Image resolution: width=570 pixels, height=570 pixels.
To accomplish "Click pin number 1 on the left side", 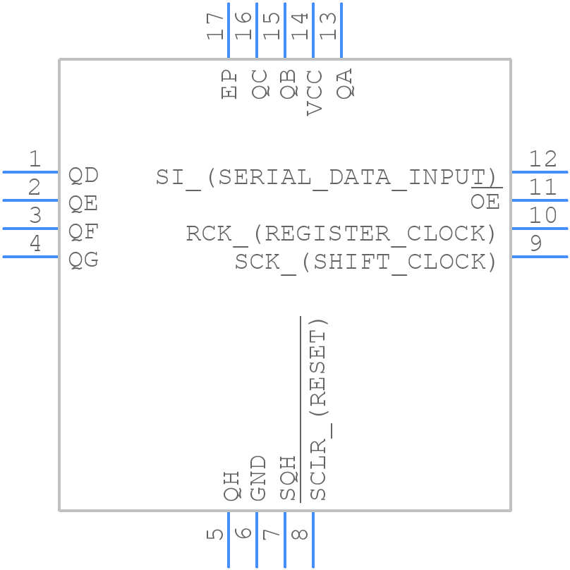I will pos(35,160).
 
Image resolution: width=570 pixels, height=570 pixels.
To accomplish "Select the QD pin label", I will pos(83,175).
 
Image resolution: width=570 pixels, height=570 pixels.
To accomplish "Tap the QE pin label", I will pos(83,204).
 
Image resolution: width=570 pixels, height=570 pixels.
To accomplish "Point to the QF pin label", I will pos(83,232).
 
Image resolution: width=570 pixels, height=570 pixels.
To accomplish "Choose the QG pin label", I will pos(83,260).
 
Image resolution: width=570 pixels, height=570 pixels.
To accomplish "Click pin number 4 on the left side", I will pos(35,245).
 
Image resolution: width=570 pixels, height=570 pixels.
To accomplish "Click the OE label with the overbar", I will pos(485,202).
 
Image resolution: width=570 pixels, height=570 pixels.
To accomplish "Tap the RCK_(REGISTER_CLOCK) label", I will pos(341,234).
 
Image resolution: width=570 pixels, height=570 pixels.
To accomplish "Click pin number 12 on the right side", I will pos(542,159).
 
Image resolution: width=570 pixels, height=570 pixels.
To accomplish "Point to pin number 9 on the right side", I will pos(535,244).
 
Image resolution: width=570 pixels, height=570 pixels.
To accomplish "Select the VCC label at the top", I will pos(315,92).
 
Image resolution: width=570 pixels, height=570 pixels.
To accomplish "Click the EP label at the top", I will pos(230,84).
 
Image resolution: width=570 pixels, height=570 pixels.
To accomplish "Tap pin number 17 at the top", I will pos(216,26).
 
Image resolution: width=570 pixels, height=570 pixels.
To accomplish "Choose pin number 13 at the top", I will pos(329,26).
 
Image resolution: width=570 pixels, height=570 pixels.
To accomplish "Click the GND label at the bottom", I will pos(258,478).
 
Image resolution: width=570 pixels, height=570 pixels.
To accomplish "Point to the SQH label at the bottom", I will pos(288,478).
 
